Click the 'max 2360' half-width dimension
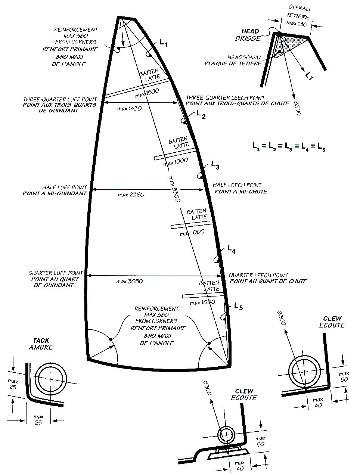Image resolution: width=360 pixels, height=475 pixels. click(x=131, y=195)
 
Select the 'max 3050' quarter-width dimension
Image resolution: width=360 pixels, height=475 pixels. click(x=129, y=281)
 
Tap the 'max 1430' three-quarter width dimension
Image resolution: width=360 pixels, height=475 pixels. click(x=129, y=108)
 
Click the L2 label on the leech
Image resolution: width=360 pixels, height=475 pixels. click(x=201, y=115)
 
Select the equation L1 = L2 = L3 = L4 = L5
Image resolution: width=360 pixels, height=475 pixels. click(x=288, y=146)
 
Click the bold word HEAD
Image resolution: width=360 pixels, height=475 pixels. click(x=250, y=31)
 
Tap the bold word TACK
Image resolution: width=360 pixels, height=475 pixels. click(x=41, y=341)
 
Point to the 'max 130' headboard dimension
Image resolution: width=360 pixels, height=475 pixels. click(x=297, y=24)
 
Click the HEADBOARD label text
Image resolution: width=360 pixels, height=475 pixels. click(x=244, y=58)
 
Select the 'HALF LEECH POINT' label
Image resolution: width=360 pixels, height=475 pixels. click(x=237, y=185)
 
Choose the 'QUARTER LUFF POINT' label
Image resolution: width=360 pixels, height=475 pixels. click(x=56, y=273)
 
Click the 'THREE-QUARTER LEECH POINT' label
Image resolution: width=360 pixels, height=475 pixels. click(x=225, y=98)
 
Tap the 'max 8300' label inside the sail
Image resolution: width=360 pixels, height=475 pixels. click(x=174, y=189)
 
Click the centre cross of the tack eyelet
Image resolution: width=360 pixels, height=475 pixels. click(x=50, y=379)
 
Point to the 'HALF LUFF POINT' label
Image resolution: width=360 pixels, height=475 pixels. click(x=64, y=187)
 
